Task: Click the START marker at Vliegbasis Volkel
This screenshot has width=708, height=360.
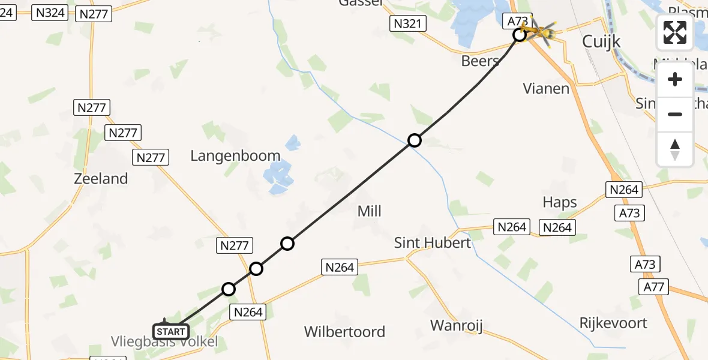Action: point(171,331)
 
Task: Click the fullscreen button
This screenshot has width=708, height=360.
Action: point(675,32)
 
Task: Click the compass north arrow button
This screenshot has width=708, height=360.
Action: point(675,149)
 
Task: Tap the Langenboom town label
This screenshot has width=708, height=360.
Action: point(235,156)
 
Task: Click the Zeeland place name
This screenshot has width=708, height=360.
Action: point(101,178)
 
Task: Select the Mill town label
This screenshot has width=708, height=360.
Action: point(369,211)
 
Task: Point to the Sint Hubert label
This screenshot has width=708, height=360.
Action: point(432,242)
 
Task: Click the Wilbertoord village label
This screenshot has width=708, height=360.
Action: point(344,332)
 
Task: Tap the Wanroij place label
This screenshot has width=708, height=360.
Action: point(457,326)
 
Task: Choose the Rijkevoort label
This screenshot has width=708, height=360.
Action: point(613,323)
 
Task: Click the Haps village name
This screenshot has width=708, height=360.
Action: point(559,202)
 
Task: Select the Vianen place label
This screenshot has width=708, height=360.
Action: point(546,89)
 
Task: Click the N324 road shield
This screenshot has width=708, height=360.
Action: point(50,12)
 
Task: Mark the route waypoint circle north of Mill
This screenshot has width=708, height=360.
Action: point(414,141)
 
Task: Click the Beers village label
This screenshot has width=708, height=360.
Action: point(480,61)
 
